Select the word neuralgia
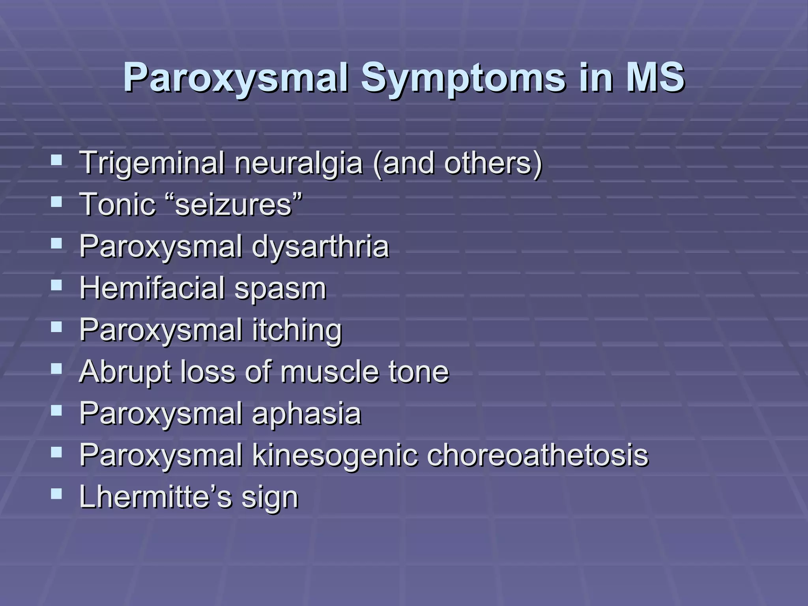click(298, 163)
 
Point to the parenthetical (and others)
click(458, 163)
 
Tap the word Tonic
click(118, 205)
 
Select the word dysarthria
click(320, 247)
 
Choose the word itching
click(297, 330)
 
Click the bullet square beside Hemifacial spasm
click(56, 285)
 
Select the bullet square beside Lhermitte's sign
click(56, 494)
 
